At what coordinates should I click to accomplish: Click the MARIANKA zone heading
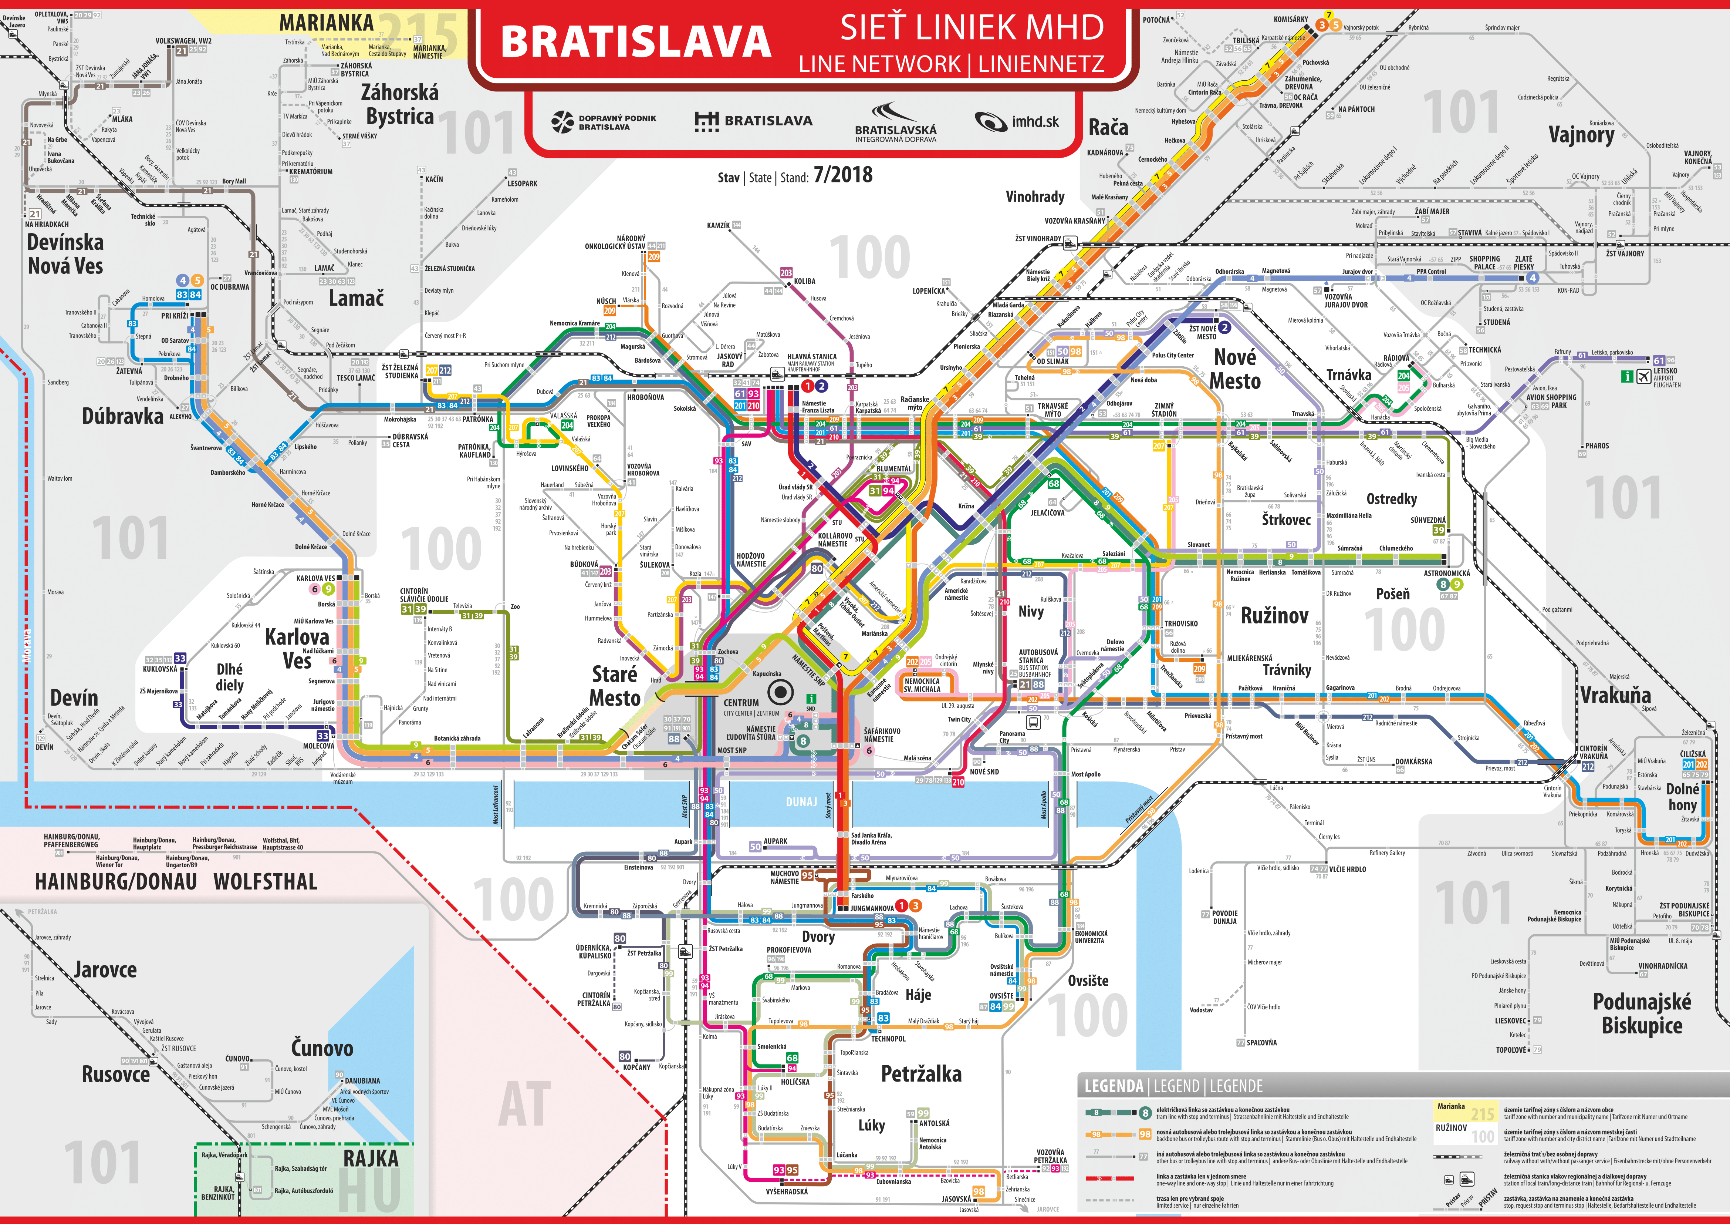click(326, 23)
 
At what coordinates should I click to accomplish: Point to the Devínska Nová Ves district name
click(65, 254)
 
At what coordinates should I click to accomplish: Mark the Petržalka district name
click(921, 1074)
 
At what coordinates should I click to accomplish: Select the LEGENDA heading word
click(1114, 1086)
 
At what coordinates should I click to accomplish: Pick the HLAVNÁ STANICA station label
click(811, 356)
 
